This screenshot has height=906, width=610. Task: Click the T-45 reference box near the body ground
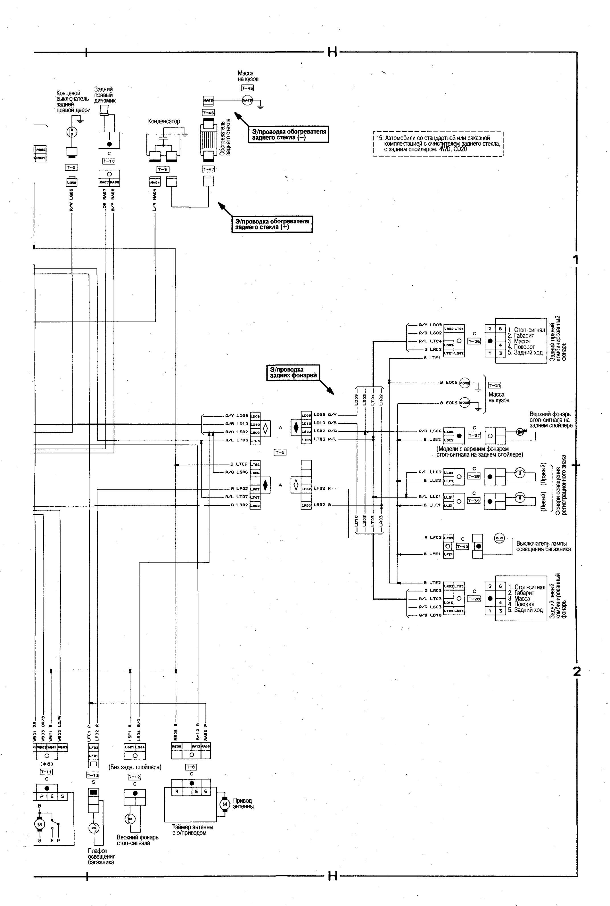(x=247, y=88)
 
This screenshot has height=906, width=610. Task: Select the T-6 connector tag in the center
(x=280, y=452)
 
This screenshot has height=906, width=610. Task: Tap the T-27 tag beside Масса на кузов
(x=494, y=385)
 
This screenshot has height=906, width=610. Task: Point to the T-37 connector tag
(x=474, y=436)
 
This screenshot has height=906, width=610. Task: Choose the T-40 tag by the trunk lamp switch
(x=462, y=547)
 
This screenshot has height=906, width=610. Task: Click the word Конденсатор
(x=164, y=121)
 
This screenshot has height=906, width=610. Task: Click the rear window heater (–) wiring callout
(x=288, y=134)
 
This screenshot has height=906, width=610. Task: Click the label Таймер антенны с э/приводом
(x=193, y=830)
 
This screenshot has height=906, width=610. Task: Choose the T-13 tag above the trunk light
(x=93, y=775)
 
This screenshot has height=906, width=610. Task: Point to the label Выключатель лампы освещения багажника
(x=543, y=546)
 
